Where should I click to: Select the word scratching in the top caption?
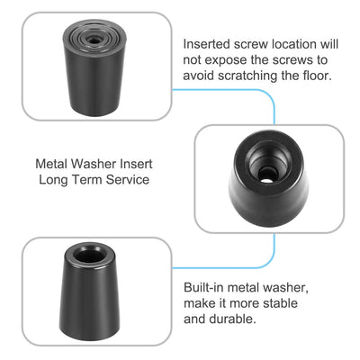[x=255, y=75]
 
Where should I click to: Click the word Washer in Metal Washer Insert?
[x=97, y=165]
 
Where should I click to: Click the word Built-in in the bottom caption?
[x=204, y=286]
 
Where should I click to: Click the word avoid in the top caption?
[x=201, y=75]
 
